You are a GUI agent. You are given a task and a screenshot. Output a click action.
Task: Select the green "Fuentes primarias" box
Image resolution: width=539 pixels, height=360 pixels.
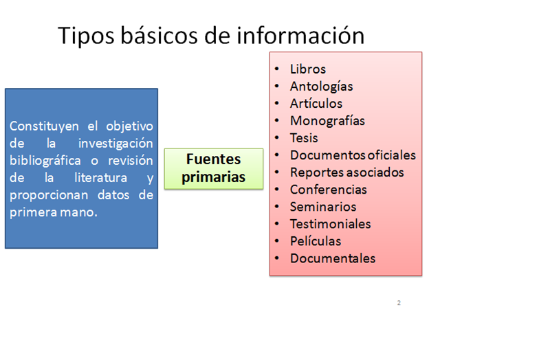tap(214, 168)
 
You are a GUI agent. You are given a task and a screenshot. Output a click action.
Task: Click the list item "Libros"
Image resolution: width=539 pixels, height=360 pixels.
tap(308, 69)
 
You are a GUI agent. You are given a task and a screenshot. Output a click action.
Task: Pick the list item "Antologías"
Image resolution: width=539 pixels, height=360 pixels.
tap(321, 87)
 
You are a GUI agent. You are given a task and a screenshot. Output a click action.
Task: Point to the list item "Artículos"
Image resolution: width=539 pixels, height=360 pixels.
tap(316, 104)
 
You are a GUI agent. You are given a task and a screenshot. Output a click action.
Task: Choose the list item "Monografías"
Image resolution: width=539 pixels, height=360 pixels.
tap(327, 121)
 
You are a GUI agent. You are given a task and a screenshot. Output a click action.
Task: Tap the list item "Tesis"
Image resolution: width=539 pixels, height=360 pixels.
tap(304, 138)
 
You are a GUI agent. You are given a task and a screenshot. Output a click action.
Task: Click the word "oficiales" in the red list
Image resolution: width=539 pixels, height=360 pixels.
tap(390, 155)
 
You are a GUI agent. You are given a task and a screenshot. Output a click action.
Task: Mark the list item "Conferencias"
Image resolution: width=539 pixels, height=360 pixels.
tap(329, 190)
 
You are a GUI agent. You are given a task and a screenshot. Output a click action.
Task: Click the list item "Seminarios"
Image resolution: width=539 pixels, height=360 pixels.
tap(323, 207)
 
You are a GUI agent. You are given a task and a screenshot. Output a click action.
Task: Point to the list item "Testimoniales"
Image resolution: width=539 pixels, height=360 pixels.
tap(330, 224)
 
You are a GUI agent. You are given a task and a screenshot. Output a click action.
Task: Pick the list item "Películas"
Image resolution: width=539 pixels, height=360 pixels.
tap(316, 241)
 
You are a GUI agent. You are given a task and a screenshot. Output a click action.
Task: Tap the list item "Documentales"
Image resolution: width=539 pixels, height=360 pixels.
tap(333, 258)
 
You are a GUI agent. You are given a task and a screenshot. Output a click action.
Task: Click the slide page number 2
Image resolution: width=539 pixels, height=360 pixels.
tap(399, 303)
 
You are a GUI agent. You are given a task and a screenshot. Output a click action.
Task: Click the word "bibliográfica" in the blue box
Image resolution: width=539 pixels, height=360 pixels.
tap(45, 161)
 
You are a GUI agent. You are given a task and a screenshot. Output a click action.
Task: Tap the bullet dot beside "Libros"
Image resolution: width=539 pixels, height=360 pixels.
tap(276, 69)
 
